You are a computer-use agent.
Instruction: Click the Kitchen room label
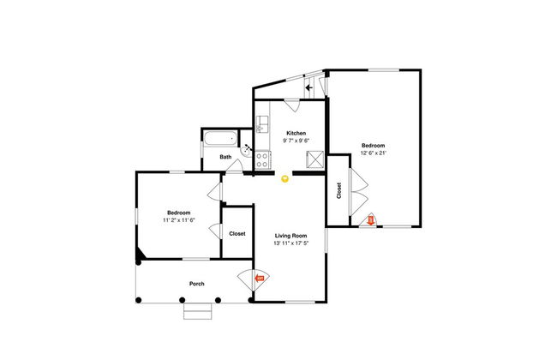296,133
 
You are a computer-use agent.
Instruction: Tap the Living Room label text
291,236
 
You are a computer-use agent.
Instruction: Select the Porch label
197,284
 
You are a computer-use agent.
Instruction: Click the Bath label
225,157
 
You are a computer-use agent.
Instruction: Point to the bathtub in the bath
220,138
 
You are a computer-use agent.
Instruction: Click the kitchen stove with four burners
262,160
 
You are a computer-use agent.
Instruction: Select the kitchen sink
262,124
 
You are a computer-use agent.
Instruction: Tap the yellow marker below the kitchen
284,179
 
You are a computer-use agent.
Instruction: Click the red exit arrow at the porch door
260,278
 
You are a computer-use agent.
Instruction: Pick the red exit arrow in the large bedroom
370,220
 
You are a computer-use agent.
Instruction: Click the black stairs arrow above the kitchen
308,87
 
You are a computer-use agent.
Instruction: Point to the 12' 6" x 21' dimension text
374,153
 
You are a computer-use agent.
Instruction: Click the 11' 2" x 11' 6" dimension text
179,220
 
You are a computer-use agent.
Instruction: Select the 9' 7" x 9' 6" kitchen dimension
296,141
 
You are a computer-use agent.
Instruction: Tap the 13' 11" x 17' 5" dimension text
291,243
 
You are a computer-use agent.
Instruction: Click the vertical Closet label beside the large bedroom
338,191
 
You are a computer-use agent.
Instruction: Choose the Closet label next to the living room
237,234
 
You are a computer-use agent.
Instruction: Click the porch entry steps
197,311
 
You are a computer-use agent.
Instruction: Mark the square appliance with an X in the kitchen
315,159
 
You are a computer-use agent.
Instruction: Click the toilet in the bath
247,149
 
